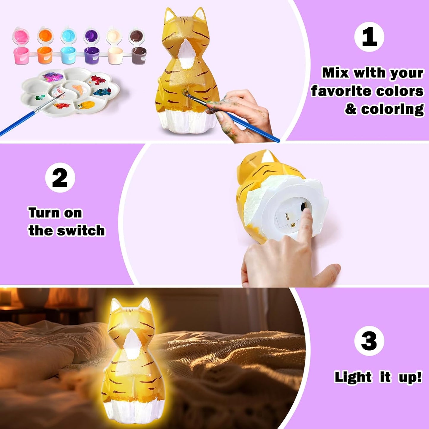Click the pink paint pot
(x=21, y=55)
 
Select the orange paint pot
(x=45, y=55)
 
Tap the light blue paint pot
(x=69, y=55)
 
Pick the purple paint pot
(x=91, y=55)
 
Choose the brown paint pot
(x=139, y=55)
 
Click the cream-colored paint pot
(x=115, y=55)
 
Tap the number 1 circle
(x=369, y=37)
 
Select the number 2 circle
(x=60, y=178)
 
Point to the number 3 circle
(x=369, y=341)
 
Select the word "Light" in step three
(x=353, y=377)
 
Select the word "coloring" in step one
(x=392, y=109)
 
